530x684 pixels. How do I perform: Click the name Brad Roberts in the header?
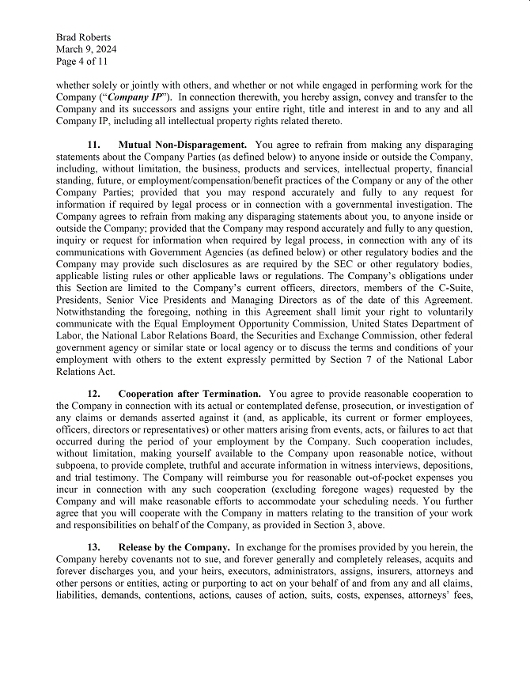click(84, 37)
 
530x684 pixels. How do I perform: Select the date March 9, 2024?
click(86, 49)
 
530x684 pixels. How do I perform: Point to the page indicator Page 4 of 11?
click(82, 61)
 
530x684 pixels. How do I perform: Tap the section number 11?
click(94, 145)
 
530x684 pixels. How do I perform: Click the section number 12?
click(94, 393)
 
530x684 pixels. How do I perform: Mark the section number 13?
click(94, 546)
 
